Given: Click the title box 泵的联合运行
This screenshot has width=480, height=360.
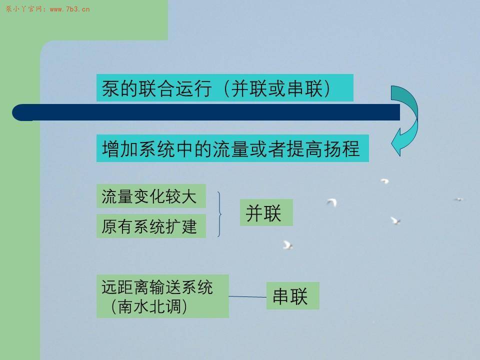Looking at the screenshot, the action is [x=224, y=88].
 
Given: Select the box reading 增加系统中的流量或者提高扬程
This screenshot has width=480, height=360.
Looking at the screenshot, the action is [x=232, y=148].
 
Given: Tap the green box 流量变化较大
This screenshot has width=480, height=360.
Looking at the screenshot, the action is [x=151, y=196].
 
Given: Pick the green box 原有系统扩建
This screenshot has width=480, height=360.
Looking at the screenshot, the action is [x=151, y=226].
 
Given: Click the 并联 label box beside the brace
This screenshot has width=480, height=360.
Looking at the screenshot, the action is [x=266, y=212].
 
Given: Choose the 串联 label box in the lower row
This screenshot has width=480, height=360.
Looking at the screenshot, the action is [x=292, y=295].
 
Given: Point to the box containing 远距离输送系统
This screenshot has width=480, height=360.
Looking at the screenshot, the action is [x=162, y=296].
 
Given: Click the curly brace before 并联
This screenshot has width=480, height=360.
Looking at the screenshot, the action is [x=219, y=214].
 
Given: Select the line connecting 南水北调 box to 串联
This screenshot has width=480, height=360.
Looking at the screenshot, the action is [x=247, y=296].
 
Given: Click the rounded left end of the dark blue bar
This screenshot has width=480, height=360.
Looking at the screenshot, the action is [x=21, y=112].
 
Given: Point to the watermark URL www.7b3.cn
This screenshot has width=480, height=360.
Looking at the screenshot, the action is [x=70, y=9].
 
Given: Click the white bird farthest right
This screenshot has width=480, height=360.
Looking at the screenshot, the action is [x=458, y=199].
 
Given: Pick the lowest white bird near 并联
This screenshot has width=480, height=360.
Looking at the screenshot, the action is [x=287, y=245].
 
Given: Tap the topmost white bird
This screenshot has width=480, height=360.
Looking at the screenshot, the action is [x=384, y=181].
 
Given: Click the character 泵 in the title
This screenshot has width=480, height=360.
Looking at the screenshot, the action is [x=110, y=88].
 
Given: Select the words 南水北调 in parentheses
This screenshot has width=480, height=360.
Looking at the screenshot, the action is [x=149, y=306].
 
